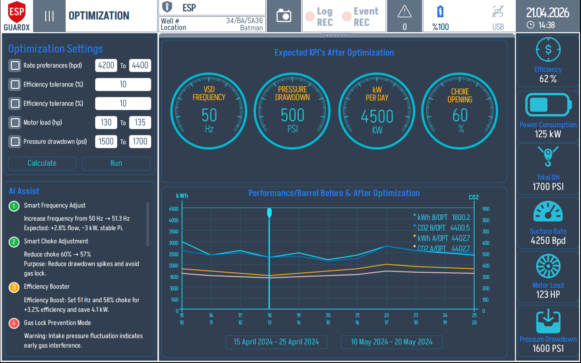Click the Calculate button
click(42, 163)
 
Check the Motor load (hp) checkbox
click(15, 122)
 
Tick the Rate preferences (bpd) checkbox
click(15, 65)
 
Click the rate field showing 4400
click(140, 65)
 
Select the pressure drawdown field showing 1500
click(106, 141)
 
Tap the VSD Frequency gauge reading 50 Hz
click(209, 111)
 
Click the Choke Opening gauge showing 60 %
click(460, 111)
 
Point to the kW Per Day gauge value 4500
click(377, 116)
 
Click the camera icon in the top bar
click(284, 16)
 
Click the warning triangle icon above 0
click(404, 12)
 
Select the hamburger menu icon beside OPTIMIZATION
click(49, 16)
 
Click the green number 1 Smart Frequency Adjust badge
click(14, 206)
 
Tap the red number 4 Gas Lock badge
click(14, 323)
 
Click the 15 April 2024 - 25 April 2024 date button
click(276, 342)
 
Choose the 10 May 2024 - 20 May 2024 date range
click(391, 342)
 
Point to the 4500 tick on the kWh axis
click(173, 209)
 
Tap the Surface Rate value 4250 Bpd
click(548, 241)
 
